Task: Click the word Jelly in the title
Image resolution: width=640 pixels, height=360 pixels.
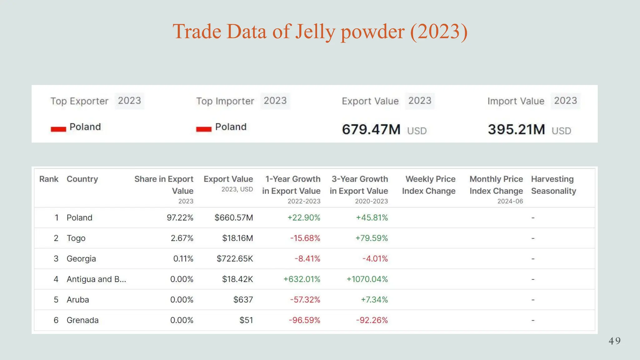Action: point(315,32)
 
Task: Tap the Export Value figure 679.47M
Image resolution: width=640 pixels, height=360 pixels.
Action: point(371,129)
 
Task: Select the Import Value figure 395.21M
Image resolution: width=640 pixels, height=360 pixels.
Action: point(517,129)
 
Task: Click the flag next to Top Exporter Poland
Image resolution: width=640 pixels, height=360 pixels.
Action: point(58,129)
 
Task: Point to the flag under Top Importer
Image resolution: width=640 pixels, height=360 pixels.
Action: point(204,129)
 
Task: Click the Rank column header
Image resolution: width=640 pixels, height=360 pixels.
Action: point(49,179)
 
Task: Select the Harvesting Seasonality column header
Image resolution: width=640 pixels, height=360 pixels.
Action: point(553,185)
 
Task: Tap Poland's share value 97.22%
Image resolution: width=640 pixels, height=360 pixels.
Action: point(180,217)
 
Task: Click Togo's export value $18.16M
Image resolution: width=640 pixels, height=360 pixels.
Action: point(237,238)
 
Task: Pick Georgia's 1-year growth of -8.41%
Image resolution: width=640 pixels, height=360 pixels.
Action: point(307,259)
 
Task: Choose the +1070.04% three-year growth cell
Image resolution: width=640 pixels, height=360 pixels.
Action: point(367,279)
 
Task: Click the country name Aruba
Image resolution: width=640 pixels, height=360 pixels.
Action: point(78,300)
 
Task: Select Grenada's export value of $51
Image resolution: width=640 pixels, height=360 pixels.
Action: point(246,320)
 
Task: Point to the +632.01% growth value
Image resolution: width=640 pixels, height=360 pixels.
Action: point(302,279)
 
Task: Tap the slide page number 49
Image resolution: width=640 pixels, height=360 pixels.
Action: point(615,341)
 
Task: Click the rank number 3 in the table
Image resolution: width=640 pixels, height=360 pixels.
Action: point(56,259)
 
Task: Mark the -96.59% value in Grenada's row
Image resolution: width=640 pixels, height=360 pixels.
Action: point(305,320)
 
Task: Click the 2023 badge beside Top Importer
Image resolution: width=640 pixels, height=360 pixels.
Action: point(275,101)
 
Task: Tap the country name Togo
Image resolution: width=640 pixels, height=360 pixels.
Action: point(76,238)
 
